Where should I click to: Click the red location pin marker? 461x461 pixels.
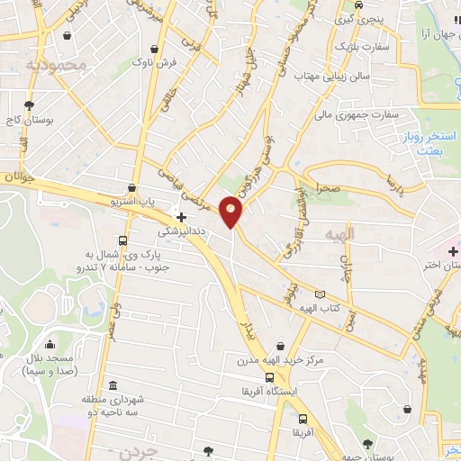pos(231,212)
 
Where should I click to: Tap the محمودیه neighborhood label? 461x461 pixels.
pos(56,64)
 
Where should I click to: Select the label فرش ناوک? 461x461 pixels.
pos(156,63)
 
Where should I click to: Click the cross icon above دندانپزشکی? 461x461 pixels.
pos(182,217)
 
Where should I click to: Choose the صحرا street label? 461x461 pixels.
pos(328,189)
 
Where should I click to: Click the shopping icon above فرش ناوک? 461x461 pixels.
pos(158,49)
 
